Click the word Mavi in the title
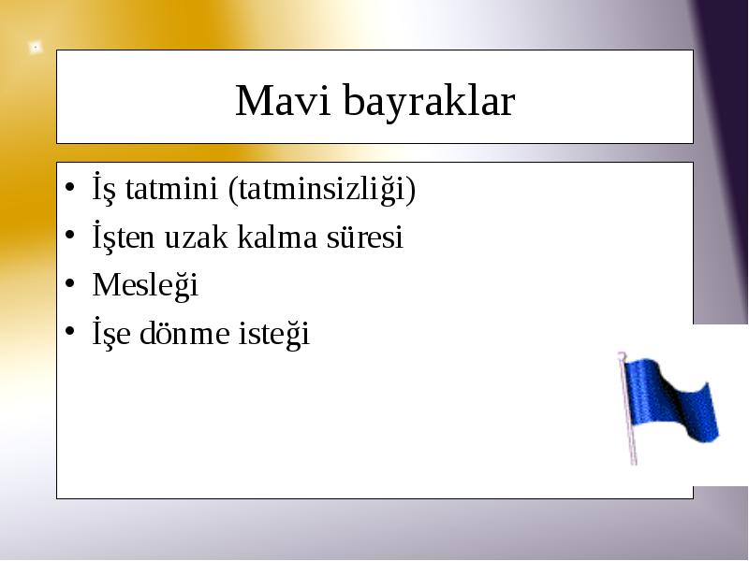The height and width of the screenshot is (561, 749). click(x=283, y=100)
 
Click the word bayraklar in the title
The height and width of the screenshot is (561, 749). click(x=430, y=102)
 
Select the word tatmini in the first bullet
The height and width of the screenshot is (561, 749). click(x=171, y=188)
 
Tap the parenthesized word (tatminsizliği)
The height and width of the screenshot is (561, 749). click(x=322, y=190)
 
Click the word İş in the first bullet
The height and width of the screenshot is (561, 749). click(x=104, y=189)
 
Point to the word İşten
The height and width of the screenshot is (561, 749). click(x=124, y=237)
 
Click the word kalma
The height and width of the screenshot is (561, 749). click(x=277, y=237)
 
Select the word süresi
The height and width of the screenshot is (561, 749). click(x=365, y=237)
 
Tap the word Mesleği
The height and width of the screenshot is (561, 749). click(x=145, y=286)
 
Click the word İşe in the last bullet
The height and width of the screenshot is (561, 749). click(x=111, y=333)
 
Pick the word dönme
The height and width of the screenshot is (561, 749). click(x=184, y=333)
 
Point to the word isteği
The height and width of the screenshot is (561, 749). click(x=274, y=334)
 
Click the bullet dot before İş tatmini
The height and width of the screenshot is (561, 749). click(x=69, y=186)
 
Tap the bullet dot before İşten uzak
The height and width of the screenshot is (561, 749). click(x=69, y=235)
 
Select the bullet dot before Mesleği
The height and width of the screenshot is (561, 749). click(x=69, y=283)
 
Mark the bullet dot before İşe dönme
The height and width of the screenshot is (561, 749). click(x=69, y=331)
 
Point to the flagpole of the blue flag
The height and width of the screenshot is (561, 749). click(x=627, y=409)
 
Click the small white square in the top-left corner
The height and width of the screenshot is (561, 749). click(x=35, y=48)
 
